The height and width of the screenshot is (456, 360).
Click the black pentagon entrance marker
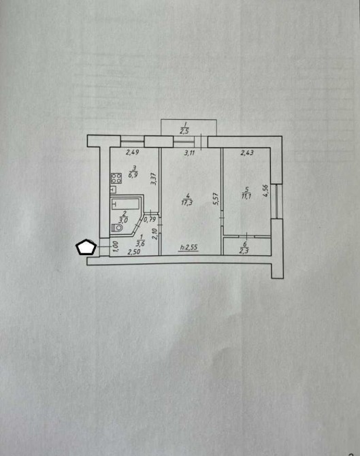[x=86, y=247]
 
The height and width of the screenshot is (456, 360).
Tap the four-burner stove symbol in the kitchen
[x=116, y=178]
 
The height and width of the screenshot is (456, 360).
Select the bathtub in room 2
[x=125, y=203]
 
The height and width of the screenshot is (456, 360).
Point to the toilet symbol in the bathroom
[x=117, y=228]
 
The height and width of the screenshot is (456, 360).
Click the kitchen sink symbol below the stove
[x=114, y=190]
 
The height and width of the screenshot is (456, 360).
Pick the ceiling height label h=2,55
[x=189, y=248]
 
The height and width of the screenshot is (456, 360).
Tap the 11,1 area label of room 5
[x=246, y=196]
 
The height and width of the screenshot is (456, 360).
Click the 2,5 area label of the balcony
[x=184, y=131]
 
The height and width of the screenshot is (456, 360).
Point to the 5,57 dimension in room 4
[x=216, y=199]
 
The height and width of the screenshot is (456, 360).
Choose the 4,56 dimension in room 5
[x=265, y=191]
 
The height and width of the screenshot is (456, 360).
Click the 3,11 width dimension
[x=189, y=152]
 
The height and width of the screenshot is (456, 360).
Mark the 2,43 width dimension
[x=247, y=152]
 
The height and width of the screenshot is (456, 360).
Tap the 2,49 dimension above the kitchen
[x=132, y=152]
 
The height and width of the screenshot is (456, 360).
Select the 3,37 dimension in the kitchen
[x=154, y=179]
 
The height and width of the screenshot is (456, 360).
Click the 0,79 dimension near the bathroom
[x=150, y=219]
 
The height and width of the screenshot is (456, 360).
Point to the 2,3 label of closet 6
[x=244, y=250]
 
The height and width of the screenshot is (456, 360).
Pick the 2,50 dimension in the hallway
[x=134, y=252]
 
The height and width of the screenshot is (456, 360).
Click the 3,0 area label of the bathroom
[x=123, y=220]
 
